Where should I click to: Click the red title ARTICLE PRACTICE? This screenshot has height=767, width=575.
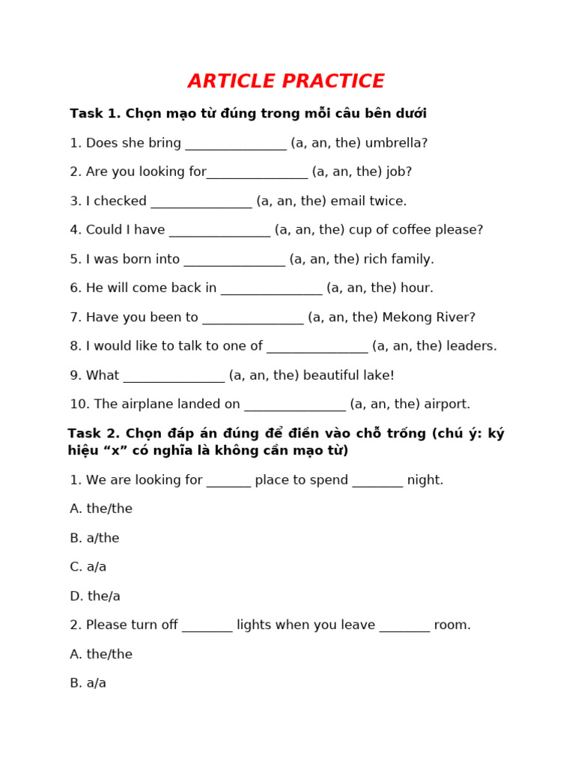286,82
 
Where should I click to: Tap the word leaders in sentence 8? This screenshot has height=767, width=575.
472,346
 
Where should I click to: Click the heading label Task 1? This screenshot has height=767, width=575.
95,114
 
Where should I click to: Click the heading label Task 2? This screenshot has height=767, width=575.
94,434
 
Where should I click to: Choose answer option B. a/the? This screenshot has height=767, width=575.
94,539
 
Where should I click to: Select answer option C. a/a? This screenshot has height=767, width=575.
88,567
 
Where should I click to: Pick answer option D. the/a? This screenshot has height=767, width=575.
95,596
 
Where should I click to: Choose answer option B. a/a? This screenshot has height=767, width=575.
88,683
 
